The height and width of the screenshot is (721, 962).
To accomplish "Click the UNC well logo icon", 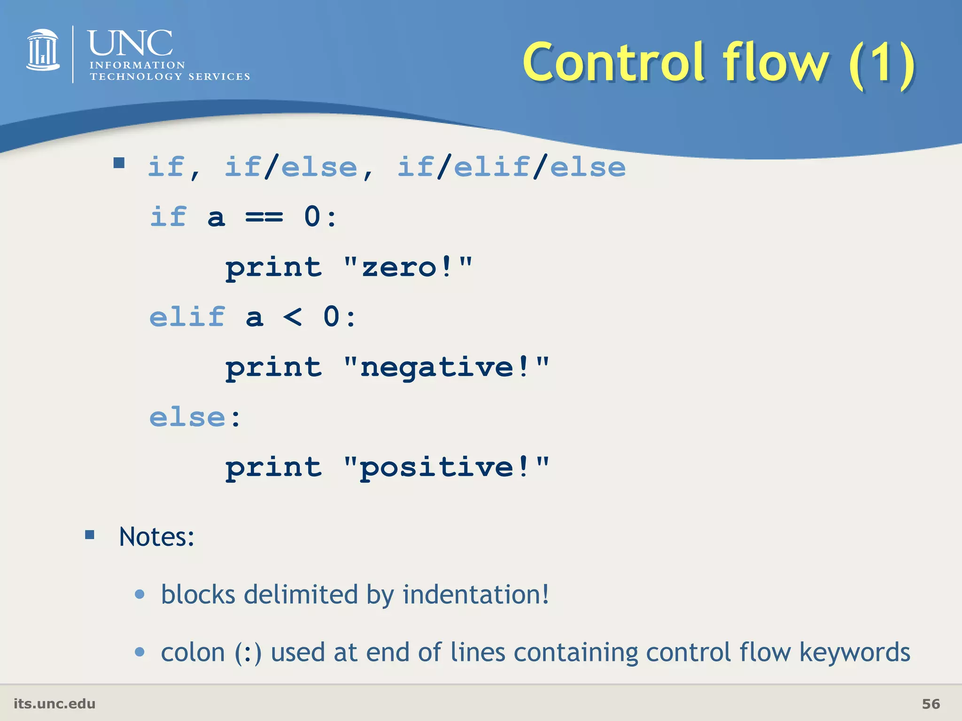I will coord(43,50).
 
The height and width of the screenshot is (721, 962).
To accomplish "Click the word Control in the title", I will coord(613,62).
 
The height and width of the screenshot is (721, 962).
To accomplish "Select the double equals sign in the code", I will coord(264,217).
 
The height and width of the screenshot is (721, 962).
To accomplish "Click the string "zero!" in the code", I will coord(407,268).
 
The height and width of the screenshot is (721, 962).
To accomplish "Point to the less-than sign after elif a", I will coord(292,317).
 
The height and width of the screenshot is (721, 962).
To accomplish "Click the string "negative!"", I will coord(446,367).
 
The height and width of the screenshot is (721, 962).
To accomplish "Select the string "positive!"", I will coord(446,468).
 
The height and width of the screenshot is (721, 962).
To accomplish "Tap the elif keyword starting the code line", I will coord(187,317).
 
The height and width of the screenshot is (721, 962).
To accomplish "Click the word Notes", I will coord(156,537).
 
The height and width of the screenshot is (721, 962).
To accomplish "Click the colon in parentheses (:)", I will coord(248,652).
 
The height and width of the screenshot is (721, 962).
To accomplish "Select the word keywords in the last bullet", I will coord(854,652).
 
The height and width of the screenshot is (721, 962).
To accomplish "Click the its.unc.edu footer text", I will coord(54,704).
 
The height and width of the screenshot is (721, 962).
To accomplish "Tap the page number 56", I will coord(931,704).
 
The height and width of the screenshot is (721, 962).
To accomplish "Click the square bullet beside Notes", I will coord(90,535).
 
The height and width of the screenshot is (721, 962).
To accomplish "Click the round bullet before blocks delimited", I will coord(140,594).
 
